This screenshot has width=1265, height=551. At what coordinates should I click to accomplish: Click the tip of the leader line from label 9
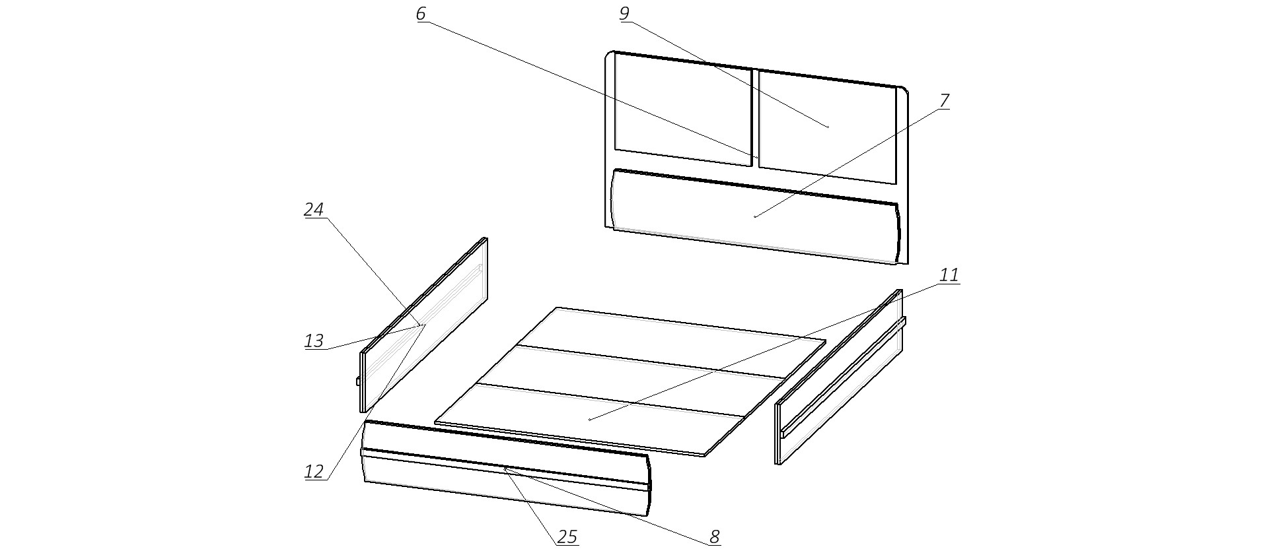coord(828,126)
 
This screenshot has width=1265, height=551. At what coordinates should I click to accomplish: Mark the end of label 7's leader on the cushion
coord(755,216)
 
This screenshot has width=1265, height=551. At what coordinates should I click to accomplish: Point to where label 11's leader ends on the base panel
coord(589,419)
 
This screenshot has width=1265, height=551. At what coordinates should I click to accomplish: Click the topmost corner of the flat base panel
coord(558,308)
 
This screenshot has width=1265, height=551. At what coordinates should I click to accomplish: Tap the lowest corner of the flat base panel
coord(705,456)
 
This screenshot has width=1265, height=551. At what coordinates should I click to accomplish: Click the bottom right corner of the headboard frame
coord(908,264)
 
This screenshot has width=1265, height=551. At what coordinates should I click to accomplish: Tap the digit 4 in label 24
coord(319,210)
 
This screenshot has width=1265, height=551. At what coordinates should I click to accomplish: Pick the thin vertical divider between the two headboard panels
coord(755,117)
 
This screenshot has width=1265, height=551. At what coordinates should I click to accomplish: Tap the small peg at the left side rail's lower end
coord(358,381)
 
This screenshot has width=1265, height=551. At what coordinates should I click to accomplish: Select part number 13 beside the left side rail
coord(314,341)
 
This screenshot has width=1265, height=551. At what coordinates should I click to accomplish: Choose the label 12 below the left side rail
coord(314,472)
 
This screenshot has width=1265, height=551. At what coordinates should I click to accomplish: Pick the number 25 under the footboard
coord(567,538)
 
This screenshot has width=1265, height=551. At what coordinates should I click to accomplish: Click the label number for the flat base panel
coord(949,275)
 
